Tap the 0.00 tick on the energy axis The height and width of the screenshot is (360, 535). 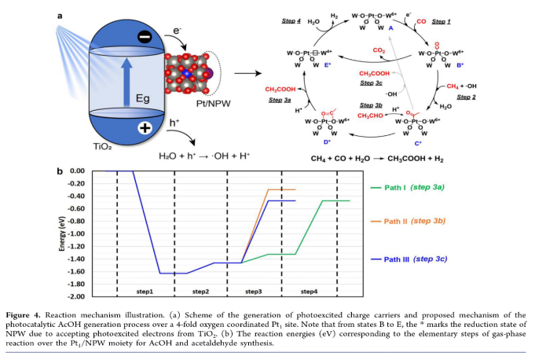tap(76, 171)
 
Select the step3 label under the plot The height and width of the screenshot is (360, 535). tap(253, 291)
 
